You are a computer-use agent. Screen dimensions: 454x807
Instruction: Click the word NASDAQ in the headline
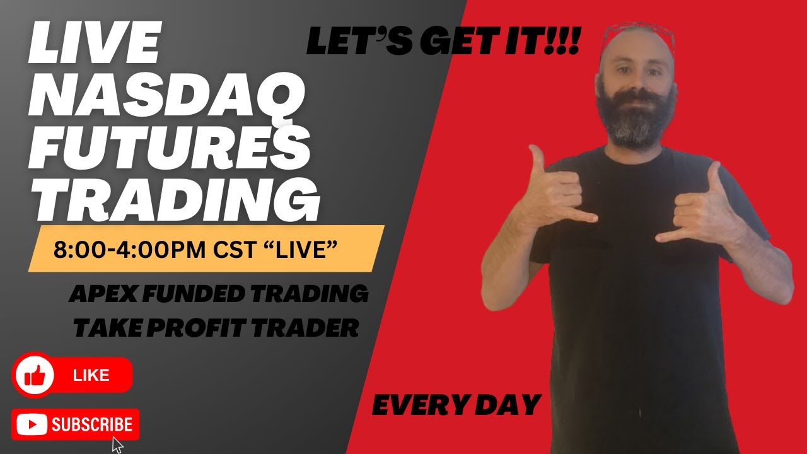pos(167,101)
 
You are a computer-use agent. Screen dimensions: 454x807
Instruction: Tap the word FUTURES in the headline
pos(169,148)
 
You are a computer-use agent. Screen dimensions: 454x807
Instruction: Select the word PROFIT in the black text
pos(200,328)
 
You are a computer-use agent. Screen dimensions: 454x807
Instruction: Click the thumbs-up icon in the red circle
pos(35,376)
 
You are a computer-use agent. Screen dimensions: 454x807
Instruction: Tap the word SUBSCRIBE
pos(92,425)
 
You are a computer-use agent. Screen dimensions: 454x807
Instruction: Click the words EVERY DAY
pos(456,405)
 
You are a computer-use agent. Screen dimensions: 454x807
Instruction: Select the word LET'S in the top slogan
pos(349,43)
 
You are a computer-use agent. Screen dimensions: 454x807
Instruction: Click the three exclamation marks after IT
pos(565,43)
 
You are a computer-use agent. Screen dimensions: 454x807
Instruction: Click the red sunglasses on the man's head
pos(637,35)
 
